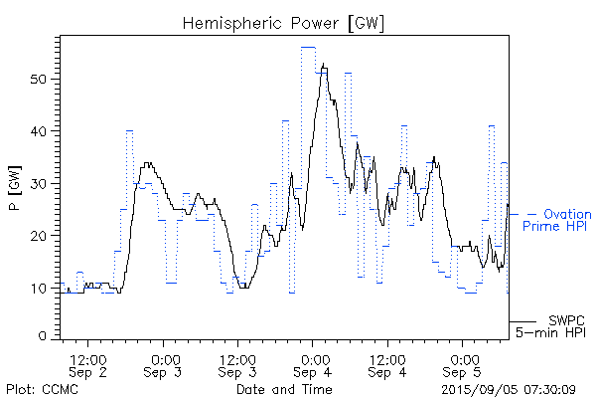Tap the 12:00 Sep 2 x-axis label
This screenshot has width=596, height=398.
click(x=88, y=365)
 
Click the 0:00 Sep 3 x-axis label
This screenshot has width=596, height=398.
click(x=164, y=365)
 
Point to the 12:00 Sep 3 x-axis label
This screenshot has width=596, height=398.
click(x=238, y=365)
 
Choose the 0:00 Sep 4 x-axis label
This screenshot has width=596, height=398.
click(x=314, y=365)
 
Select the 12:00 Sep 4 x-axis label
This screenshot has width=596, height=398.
click(x=387, y=365)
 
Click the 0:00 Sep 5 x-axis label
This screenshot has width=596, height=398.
click(x=463, y=365)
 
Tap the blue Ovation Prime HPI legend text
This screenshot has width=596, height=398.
click(x=558, y=221)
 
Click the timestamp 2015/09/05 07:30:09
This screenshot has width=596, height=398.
click(x=508, y=388)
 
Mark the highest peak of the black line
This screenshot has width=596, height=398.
click(x=324, y=65)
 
